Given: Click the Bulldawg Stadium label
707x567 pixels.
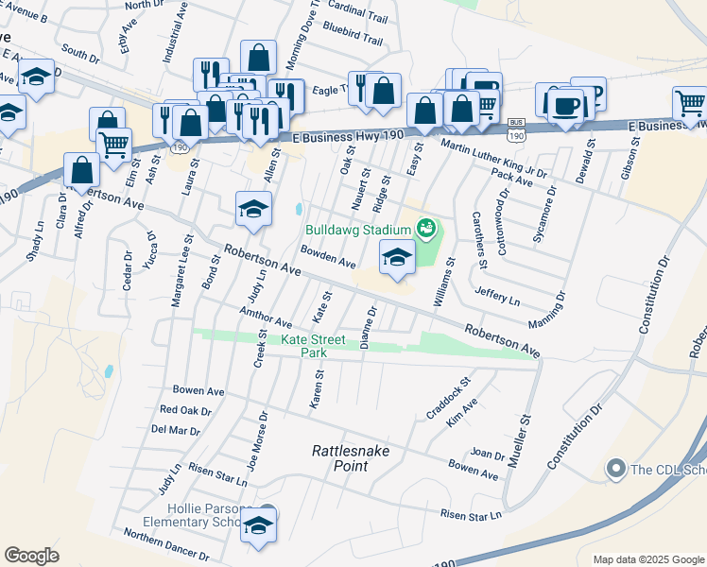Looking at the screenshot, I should pos(356,230).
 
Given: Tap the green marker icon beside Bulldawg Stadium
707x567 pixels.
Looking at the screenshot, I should pos(425,228).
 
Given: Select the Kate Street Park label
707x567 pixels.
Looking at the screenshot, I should pos(313,346).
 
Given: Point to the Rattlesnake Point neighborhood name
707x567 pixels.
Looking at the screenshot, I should pos(351,459).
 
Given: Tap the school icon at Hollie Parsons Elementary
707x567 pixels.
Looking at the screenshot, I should pos(257,524).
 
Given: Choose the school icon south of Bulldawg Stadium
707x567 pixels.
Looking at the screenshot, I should pos(397,257).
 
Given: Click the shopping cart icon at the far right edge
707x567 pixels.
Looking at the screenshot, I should pos(690,102).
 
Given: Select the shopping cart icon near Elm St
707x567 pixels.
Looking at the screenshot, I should pos(114,145).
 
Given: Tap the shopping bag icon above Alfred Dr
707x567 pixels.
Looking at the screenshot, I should pos(82,170).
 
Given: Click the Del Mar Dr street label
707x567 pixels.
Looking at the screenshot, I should pos(176,430).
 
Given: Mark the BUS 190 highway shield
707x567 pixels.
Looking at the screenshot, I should pos(516,130).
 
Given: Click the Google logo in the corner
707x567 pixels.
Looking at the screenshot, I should pos(31,556).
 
